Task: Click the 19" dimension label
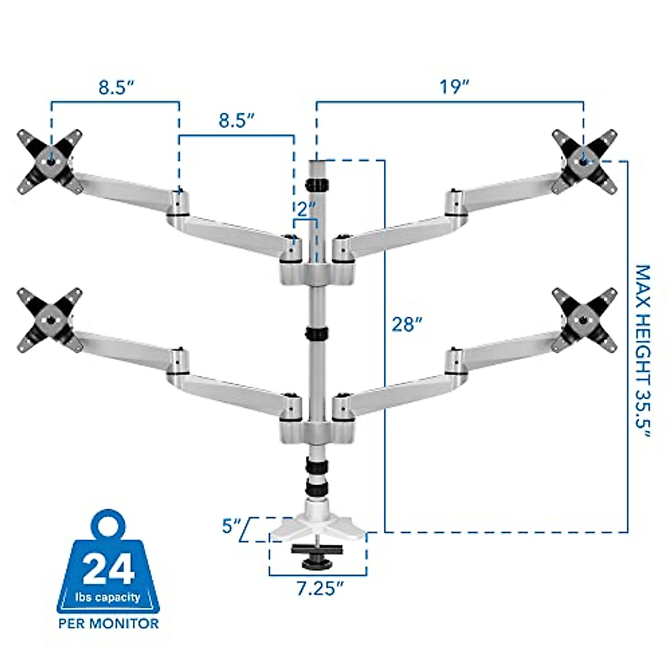coord(453,87)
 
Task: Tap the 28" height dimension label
coord(407,324)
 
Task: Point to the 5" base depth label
coord(231,527)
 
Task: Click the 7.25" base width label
coord(319,588)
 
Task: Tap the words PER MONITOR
coord(108,623)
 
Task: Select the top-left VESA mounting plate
coord(50,162)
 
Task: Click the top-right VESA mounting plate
coord(584,161)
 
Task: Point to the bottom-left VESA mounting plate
coord(50,320)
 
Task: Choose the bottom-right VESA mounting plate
coord(584,320)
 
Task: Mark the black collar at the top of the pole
coord(317,184)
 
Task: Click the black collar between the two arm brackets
coord(317,334)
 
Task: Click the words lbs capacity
coord(108,597)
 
